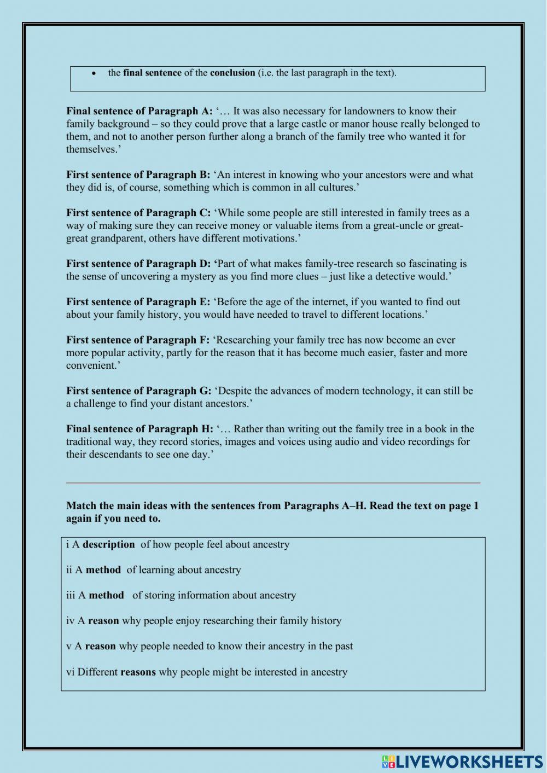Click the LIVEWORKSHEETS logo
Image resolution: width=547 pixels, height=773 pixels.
[462, 762]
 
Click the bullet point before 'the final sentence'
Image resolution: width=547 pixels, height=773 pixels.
[94, 73]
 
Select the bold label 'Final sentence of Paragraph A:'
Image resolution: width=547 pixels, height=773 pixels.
[139, 111]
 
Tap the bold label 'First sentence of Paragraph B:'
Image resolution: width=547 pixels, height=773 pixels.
[138, 175]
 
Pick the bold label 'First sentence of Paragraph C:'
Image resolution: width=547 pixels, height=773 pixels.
[138, 213]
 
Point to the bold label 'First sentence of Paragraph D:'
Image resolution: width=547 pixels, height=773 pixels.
[139, 264]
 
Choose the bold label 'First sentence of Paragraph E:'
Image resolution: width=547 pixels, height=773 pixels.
[138, 302]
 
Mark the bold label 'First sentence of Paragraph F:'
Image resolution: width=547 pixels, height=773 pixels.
[137, 340]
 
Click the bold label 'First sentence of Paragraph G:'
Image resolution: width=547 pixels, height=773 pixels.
[138, 391]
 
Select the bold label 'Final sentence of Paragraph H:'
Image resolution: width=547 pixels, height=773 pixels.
[139, 429]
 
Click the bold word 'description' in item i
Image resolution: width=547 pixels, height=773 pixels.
[108, 544]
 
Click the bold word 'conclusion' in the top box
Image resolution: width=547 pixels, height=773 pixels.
[232, 73]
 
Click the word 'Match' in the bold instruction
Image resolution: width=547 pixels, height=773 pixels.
[82, 506]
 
